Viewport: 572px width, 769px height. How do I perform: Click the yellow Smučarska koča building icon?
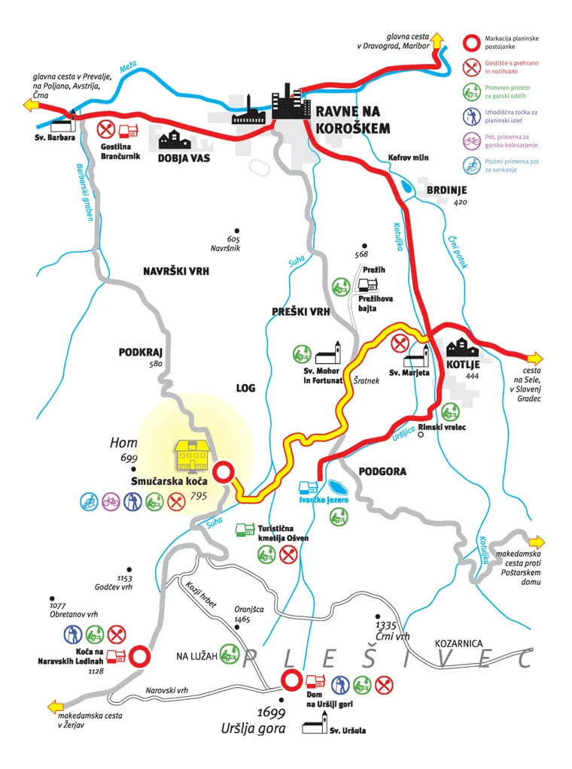pyautogui.click(x=193, y=455)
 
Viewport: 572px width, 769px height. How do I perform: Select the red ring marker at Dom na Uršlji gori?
pyautogui.click(x=291, y=681)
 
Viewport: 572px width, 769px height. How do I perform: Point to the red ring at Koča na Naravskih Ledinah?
pyautogui.click(x=138, y=656)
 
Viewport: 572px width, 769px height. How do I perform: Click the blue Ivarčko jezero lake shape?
pyautogui.click(x=337, y=488)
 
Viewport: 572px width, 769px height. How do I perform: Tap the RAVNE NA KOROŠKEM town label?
pyautogui.click(x=352, y=120)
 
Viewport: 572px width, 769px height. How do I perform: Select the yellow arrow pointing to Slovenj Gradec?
pyautogui.click(x=535, y=359)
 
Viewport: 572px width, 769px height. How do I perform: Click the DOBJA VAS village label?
pyautogui.click(x=184, y=159)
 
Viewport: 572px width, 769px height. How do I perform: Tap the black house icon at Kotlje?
pyautogui.click(x=462, y=347)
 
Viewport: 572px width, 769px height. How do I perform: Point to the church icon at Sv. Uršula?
pyautogui.click(x=315, y=723)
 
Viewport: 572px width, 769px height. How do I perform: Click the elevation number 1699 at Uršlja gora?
pyautogui.click(x=271, y=712)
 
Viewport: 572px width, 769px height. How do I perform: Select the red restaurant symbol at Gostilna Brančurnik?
pyautogui.click(x=105, y=130)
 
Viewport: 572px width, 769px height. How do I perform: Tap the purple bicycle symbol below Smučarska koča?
pyautogui.click(x=111, y=501)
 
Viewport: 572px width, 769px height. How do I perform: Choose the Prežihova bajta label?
pyautogui.click(x=375, y=303)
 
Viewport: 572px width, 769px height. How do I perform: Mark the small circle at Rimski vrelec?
pyautogui.click(x=421, y=434)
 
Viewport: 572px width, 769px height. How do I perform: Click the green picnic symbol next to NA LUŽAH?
pyautogui.click(x=229, y=654)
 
